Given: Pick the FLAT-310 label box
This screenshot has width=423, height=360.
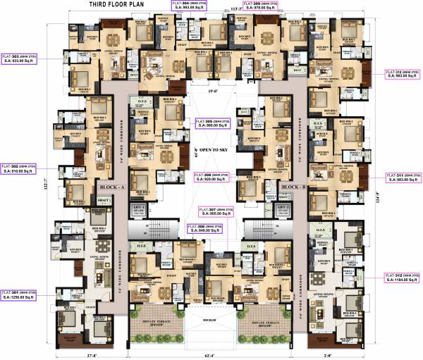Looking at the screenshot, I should click(403, 75).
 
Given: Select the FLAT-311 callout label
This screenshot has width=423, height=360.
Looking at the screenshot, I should click(403, 178).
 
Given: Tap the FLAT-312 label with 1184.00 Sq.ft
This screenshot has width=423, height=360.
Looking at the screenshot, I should click(403, 276).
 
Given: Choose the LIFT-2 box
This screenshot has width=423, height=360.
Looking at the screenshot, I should click(283, 209).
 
